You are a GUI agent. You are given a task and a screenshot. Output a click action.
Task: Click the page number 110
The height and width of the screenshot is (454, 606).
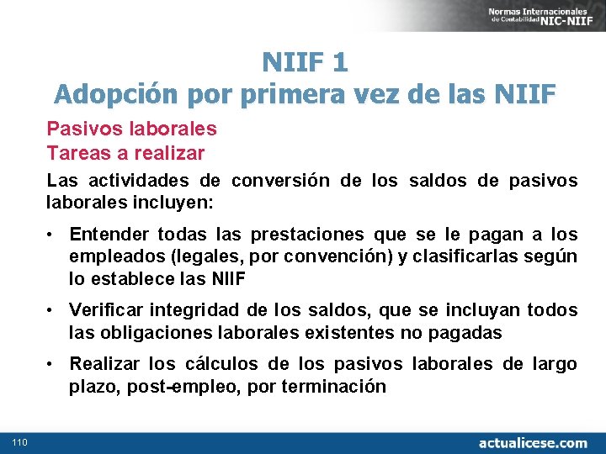click(x=20, y=442)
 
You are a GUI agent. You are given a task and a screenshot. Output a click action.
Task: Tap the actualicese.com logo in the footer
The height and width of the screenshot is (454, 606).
click(x=534, y=442)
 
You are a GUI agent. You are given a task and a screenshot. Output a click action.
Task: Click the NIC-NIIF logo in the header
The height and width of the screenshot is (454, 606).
click(x=542, y=14)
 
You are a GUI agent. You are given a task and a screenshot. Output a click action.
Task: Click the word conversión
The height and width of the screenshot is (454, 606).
click(x=282, y=181)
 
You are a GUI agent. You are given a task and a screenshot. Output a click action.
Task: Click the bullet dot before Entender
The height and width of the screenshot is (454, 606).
click(x=51, y=234)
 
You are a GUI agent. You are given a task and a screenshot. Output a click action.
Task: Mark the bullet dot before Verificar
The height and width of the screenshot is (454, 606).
click(x=51, y=310)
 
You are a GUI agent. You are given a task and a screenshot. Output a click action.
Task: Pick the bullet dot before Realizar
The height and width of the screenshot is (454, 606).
click(x=51, y=365)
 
